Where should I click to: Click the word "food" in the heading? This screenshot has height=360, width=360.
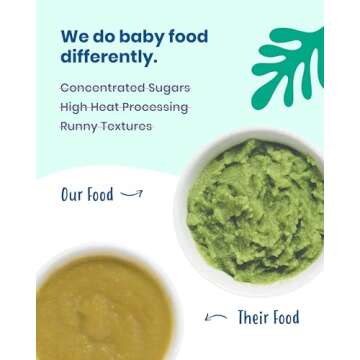point(186,39)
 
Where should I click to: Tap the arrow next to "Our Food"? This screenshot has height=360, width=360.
point(130,196)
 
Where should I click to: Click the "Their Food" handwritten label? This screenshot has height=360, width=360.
point(267,319)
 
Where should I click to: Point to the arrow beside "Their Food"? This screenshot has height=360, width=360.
point(214,318)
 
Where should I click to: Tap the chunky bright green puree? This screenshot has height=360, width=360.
point(262,210)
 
